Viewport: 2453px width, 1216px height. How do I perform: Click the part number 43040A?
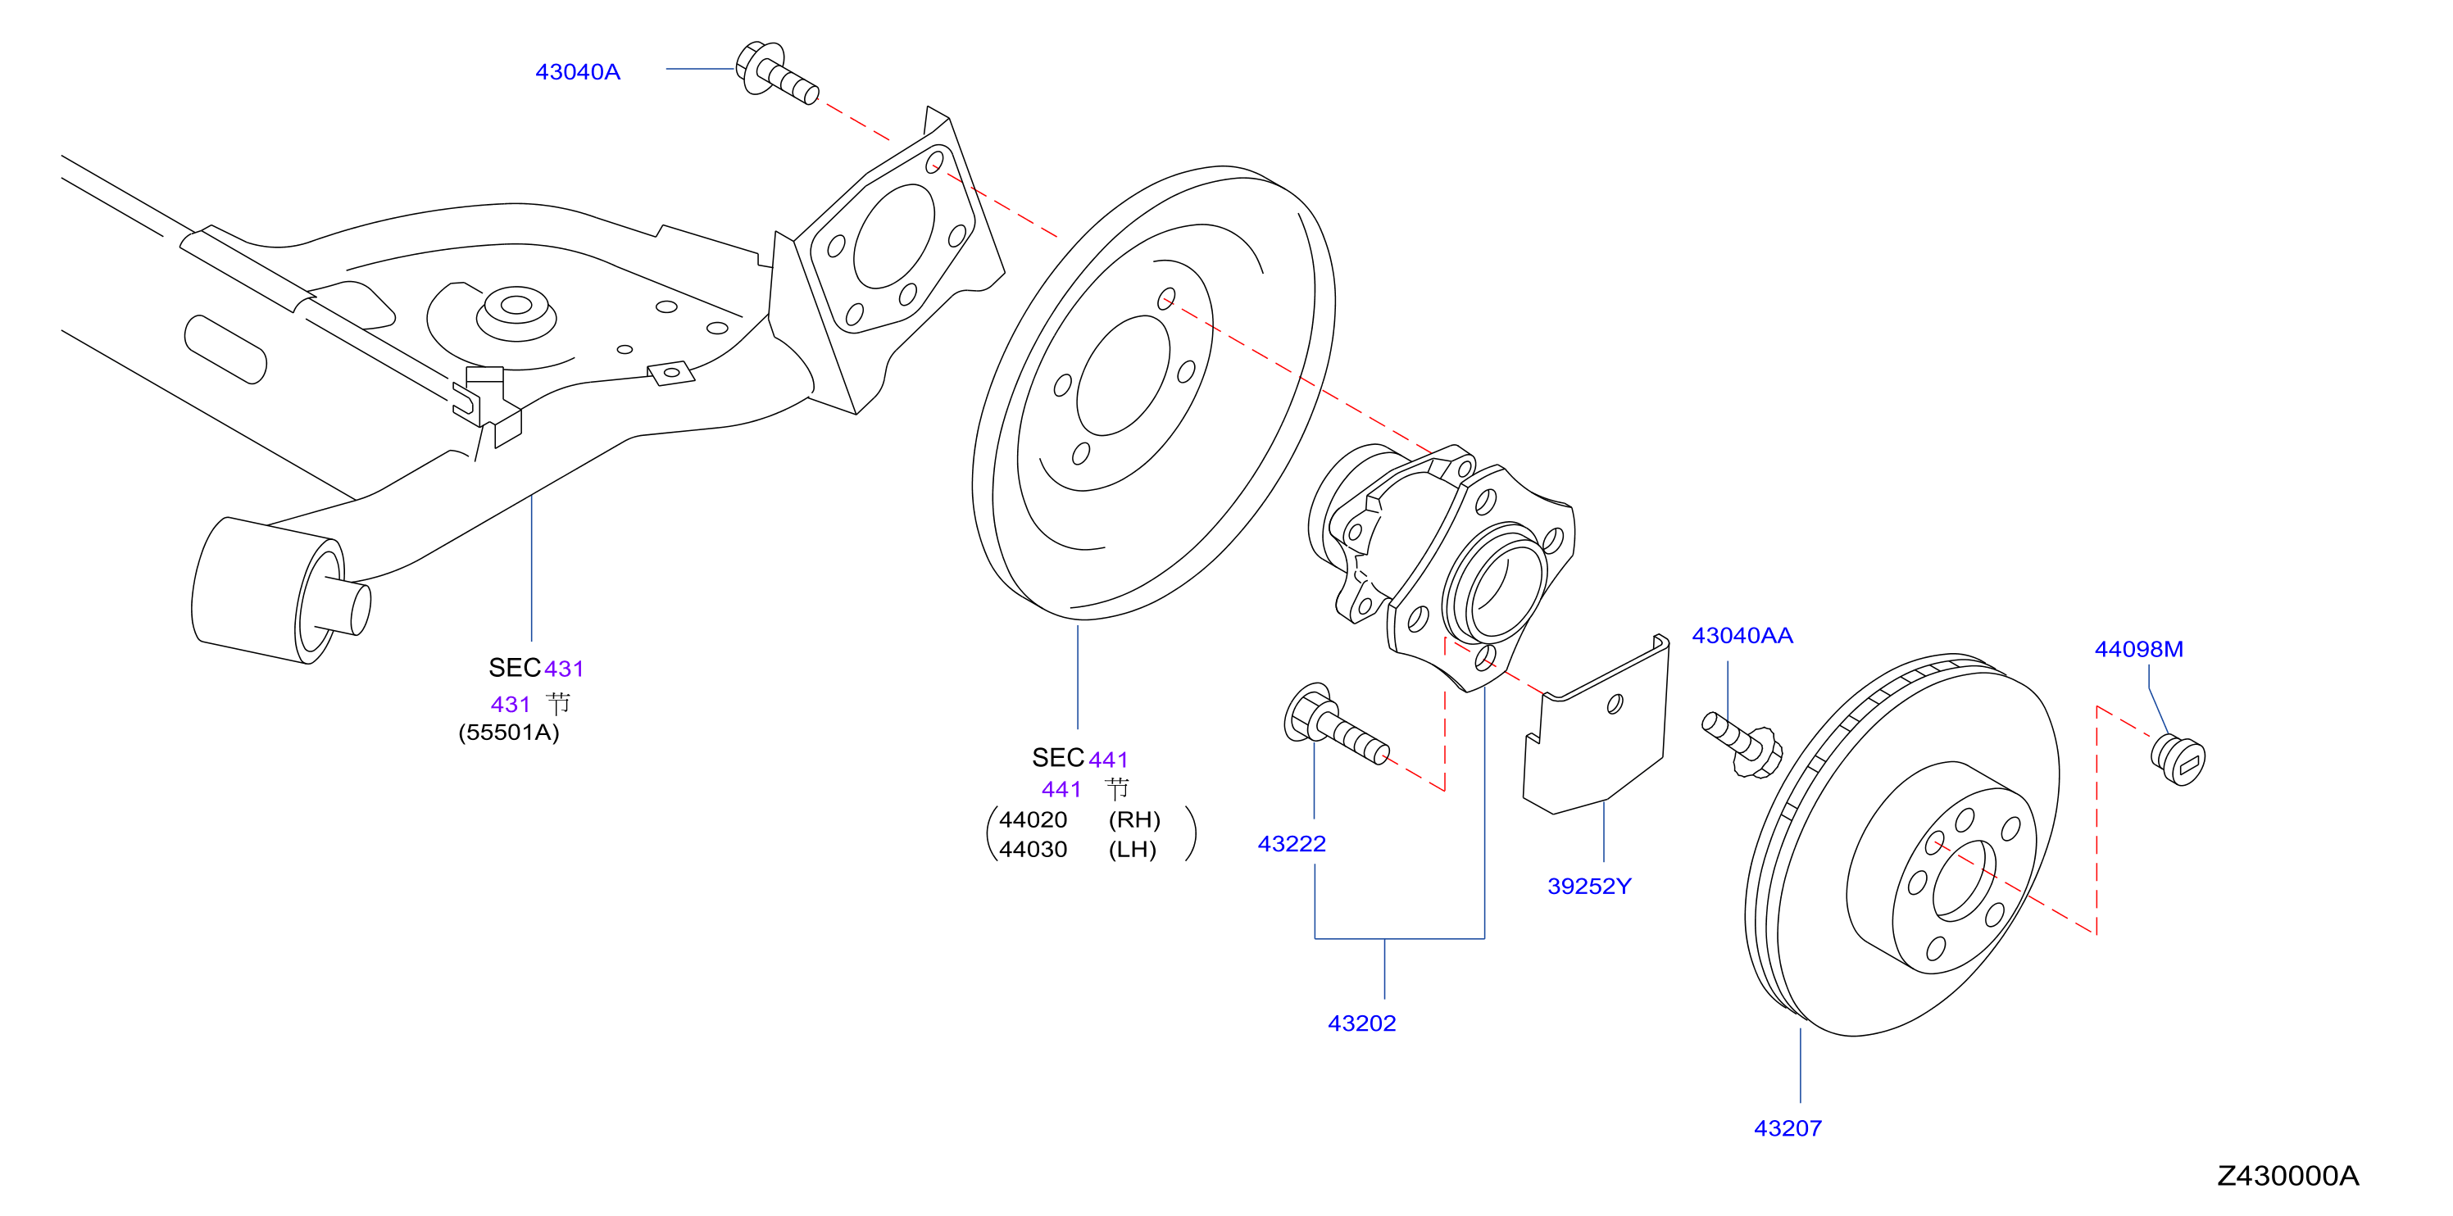coord(577,72)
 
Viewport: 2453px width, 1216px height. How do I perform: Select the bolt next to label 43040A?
coord(777,72)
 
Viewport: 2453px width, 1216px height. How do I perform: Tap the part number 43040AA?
coord(1742,635)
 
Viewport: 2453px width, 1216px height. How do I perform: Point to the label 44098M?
coord(2139,650)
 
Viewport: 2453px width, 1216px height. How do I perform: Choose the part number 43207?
coord(1788,1128)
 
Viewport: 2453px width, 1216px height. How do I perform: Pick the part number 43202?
coord(1361,1023)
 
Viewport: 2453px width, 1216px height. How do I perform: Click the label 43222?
coord(1292,844)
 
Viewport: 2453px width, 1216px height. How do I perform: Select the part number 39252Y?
coord(1589,887)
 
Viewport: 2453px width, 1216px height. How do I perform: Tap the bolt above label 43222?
coord(1335,726)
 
